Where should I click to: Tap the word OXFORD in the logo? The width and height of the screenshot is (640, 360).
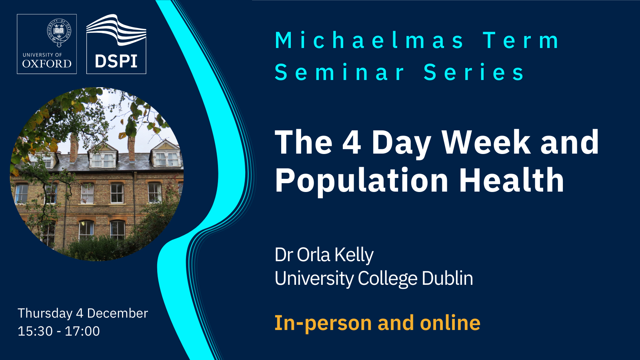click(x=47, y=64)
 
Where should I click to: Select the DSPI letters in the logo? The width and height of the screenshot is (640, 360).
click(x=116, y=61)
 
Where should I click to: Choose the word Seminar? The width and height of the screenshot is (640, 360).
click(x=340, y=72)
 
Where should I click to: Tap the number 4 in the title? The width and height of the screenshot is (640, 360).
click(x=352, y=142)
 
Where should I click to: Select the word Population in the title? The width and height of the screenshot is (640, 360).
click(x=362, y=181)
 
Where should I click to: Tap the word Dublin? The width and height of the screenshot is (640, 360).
click(x=448, y=278)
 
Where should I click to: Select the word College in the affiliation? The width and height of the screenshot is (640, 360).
click(x=388, y=278)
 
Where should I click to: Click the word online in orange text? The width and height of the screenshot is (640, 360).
click(x=450, y=322)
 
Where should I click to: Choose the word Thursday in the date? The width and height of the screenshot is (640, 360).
click(x=45, y=314)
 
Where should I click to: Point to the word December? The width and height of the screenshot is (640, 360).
click(x=118, y=313)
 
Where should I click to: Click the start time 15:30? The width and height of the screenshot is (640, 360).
click(x=35, y=331)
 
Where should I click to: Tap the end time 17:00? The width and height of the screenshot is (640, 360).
click(x=82, y=331)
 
